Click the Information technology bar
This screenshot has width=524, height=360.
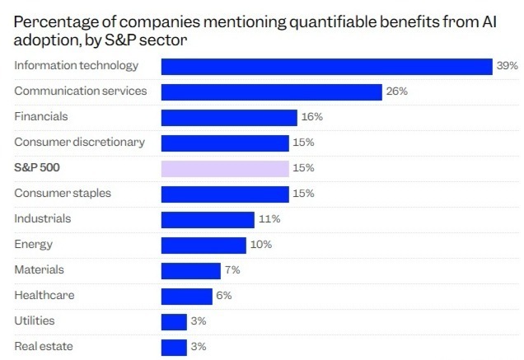pos(326,66)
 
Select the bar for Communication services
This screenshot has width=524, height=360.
pos(271,91)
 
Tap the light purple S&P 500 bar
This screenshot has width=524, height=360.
pos(225,168)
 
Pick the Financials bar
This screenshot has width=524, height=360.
pos(228,117)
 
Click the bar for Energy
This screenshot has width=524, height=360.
pos(204,245)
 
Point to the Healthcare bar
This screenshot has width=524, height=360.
pos(186,296)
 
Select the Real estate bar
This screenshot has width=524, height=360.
pos(174,347)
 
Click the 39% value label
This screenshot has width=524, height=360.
pos(506,66)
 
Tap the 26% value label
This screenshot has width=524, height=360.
pos(397,91)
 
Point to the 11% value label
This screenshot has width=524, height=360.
pos(269,219)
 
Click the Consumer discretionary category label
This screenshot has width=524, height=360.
pos(79,142)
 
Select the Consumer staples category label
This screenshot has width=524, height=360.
pos(63,194)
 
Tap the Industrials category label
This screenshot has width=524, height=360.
pos(43,219)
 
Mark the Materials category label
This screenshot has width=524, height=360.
pos(39,270)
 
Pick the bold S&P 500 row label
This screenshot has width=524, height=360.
pos(38,168)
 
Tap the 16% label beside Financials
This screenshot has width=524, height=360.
pos(312,117)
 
